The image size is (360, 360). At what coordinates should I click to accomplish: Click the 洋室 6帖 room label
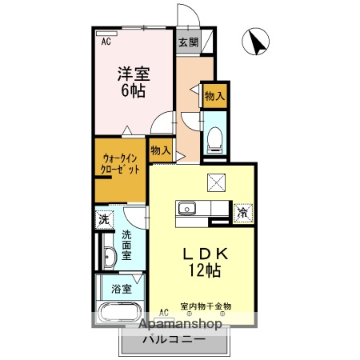pos(134,80)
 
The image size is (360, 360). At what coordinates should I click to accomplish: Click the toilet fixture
pos(214,140)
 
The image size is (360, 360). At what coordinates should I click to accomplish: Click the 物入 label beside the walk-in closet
pos(160,150)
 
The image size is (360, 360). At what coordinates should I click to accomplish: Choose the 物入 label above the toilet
pos(214,97)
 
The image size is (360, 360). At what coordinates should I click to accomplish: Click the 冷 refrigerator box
pos(242,213)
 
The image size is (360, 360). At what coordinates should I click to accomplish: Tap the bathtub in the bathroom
pos(119,313)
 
